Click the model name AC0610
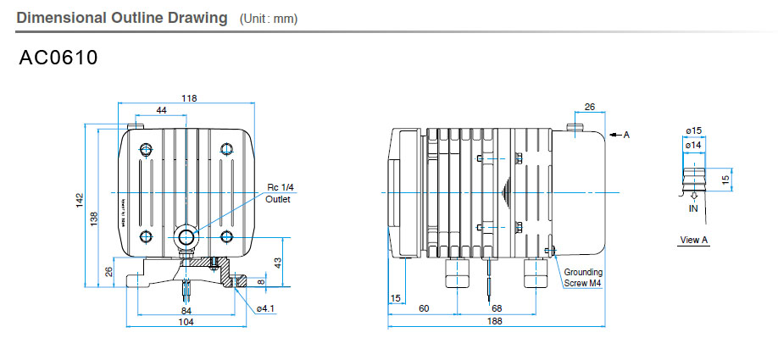[58, 58]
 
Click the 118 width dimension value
[189, 98]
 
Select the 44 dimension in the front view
[161, 110]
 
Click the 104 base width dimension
[186, 322]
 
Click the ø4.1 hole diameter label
[264, 307]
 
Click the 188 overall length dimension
[495, 321]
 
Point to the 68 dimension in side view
[497, 308]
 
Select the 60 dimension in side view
[423, 308]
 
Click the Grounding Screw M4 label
[583, 278]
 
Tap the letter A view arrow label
[626, 134]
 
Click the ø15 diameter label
[694, 130]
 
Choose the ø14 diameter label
[694, 146]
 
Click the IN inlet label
[693, 207]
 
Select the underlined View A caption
[693, 240]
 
